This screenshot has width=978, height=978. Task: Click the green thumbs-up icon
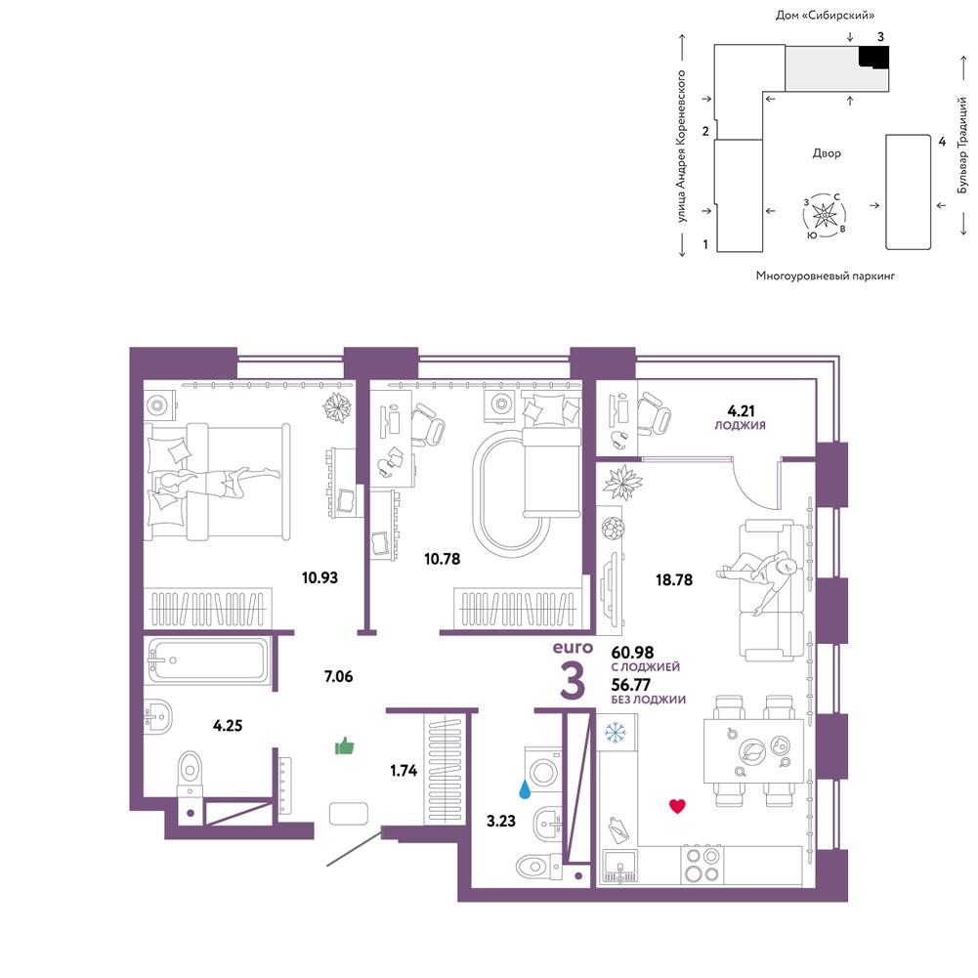click(x=344, y=745)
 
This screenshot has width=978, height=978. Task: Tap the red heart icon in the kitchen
click(x=677, y=806)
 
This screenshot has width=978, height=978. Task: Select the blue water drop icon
click(x=526, y=790)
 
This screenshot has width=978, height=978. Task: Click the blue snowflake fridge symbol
click(x=616, y=732)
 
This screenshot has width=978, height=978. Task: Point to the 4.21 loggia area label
click(x=741, y=411)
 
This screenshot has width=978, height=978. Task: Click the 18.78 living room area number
click(x=673, y=579)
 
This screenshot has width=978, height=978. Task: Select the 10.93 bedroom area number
click(x=319, y=577)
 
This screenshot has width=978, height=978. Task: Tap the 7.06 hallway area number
click(x=339, y=675)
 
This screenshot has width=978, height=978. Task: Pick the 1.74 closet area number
click(x=404, y=770)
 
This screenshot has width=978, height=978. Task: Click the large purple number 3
click(x=573, y=681)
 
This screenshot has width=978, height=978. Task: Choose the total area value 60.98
click(x=632, y=652)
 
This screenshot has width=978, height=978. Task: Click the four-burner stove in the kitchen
click(x=702, y=864)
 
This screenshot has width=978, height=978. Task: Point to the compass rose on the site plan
click(x=825, y=216)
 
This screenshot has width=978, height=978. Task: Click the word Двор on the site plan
click(x=827, y=153)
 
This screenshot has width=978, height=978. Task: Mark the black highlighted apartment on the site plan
click(x=872, y=57)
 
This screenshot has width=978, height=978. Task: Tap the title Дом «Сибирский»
click(x=825, y=15)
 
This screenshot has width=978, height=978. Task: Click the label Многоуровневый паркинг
click(x=826, y=276)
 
